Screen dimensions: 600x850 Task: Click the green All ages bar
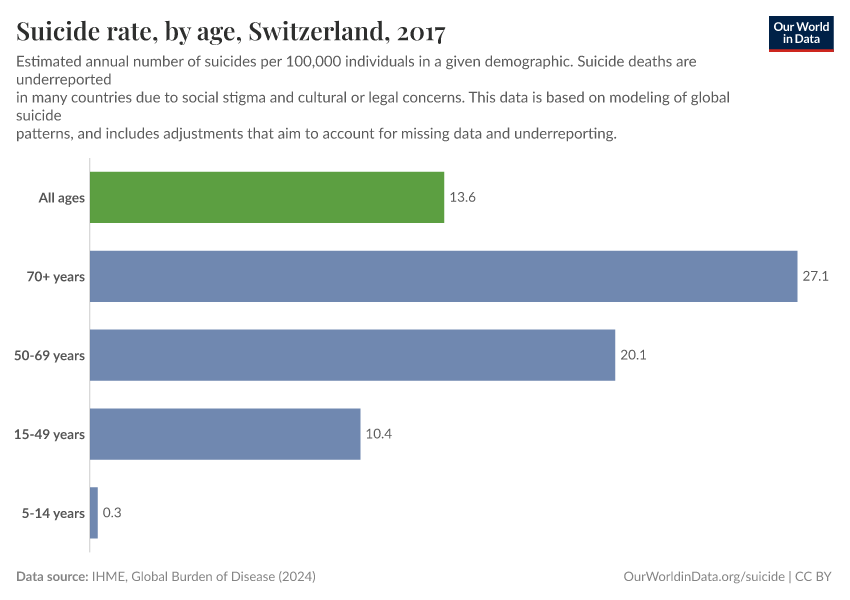(x=267, y=197)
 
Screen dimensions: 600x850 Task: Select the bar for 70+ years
(x=443, y=276)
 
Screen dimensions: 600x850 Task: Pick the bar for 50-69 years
(x=352, y=355)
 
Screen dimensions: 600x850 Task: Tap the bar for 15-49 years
(x=225, y=434)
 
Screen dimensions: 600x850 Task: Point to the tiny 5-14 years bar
(x=94, y=513)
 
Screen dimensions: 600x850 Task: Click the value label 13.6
(x=462, y=198)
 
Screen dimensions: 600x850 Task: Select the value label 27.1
(x=815, y=276)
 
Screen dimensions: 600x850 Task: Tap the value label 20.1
(x=633, y=355)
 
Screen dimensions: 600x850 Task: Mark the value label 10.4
(x=378, y=434)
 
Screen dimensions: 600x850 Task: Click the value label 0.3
(x=112, y=513)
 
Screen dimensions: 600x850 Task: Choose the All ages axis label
(x=62, y=198)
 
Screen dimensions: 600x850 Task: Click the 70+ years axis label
(x=56, y=277)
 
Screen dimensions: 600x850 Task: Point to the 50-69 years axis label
(x=50, y=355)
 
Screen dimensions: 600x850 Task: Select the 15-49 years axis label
(x=50, y=434)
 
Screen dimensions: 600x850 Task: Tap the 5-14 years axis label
(x=53, y=513)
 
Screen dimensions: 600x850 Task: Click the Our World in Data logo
(x=801, y=33)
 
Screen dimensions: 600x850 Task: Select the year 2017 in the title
(x=421, y=32)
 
